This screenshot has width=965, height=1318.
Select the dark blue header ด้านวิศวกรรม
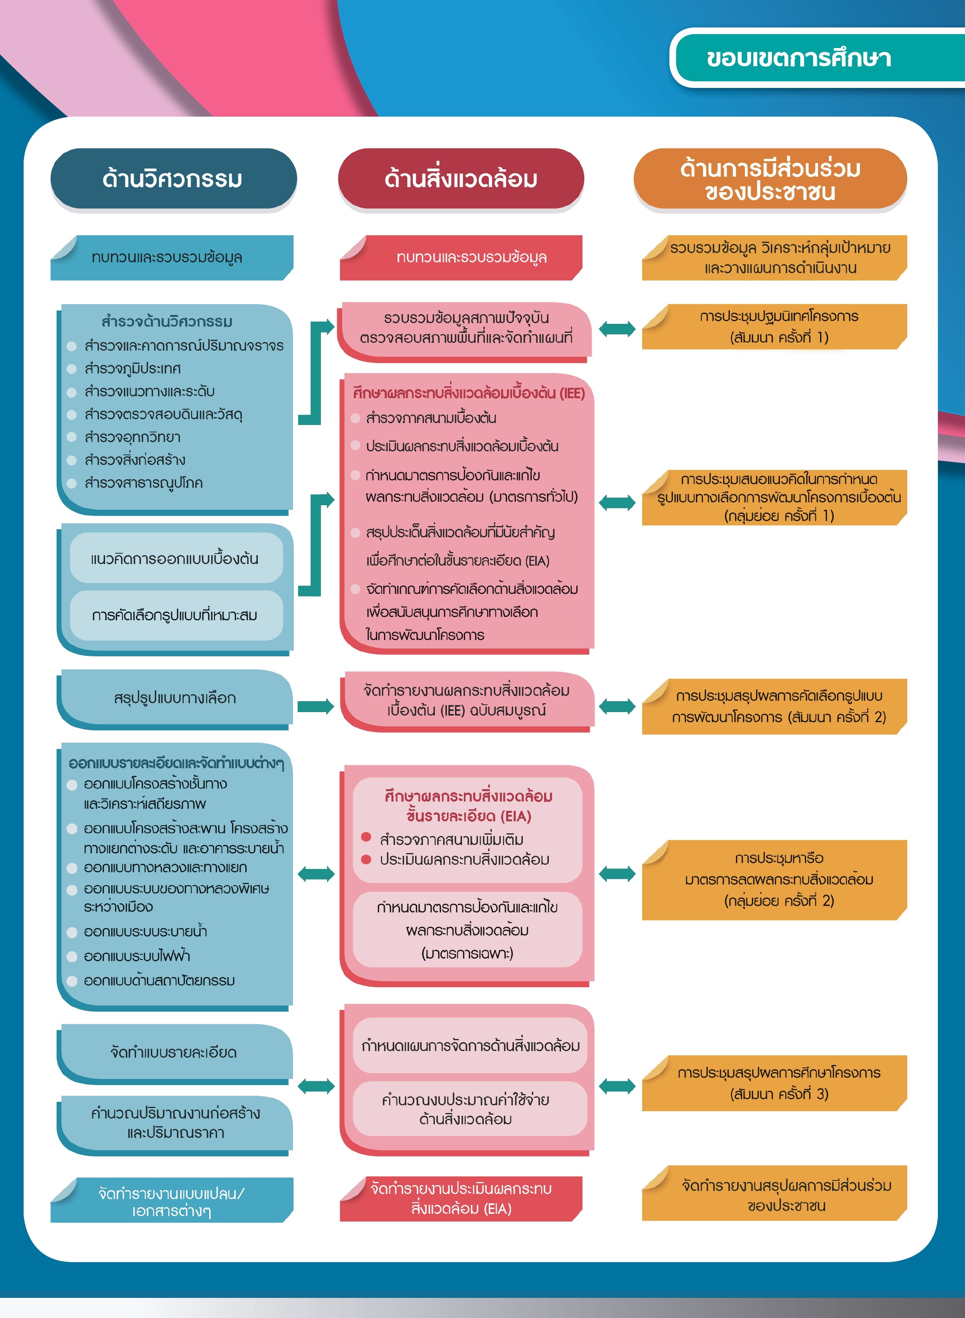tap(173, 179)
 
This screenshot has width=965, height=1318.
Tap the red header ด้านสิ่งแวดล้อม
tap(461, 179)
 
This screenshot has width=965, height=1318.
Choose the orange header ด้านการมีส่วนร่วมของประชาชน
tap(770, 180)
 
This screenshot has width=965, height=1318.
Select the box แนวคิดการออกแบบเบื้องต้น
tap(175, 559)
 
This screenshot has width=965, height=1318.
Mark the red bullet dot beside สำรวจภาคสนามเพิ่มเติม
tap(366, 837)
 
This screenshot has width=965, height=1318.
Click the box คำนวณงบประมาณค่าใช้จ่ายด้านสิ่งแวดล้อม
tap(466, 1110)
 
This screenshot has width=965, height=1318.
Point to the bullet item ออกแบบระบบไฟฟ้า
tap(137, 956)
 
